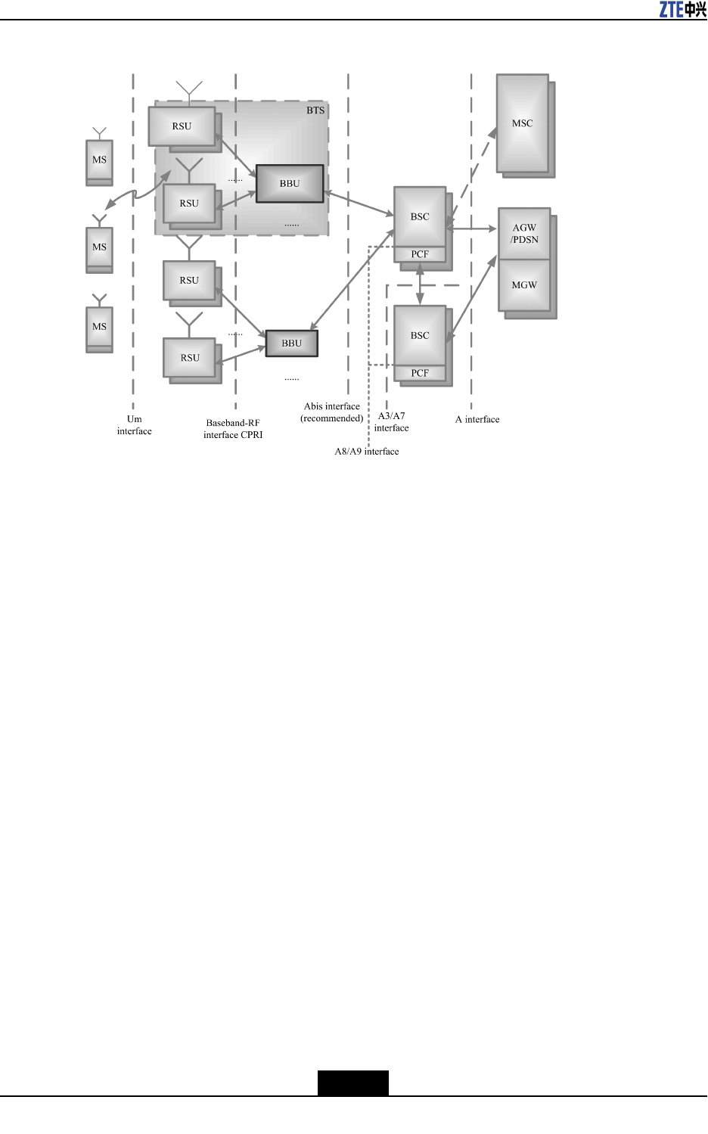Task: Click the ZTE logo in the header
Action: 682,9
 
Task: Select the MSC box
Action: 522,123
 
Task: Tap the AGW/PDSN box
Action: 524,234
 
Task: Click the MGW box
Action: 524,285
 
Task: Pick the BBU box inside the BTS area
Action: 290,184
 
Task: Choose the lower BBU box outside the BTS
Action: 292,343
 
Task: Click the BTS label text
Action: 315,110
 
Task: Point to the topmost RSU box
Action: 182,126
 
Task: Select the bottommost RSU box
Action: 190,358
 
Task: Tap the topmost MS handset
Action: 99,160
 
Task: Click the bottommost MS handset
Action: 99,327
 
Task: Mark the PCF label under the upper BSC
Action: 420,255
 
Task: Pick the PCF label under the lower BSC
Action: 420,374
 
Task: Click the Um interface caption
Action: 134,425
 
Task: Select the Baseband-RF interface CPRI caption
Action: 233,429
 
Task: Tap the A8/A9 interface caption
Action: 367,452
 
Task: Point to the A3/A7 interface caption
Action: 391,422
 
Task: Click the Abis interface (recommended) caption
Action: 331,412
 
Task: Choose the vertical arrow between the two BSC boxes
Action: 420,283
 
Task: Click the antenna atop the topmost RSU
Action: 189,91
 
